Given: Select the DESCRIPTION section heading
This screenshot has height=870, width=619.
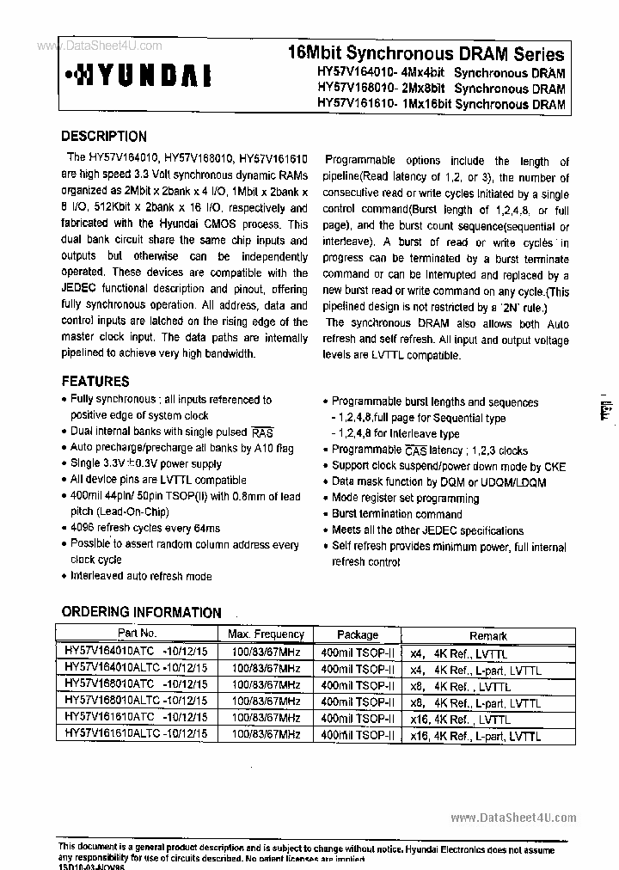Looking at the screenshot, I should coord(104,136).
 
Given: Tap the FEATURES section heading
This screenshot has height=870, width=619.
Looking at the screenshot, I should coord(95,381).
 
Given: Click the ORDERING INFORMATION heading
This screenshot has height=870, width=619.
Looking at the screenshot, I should coord(141,612).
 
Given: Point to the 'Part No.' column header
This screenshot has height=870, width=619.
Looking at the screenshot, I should coord(137,633).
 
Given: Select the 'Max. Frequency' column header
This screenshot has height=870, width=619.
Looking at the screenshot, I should coord(266,634).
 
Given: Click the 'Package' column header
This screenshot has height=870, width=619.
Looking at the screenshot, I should coord(358,634).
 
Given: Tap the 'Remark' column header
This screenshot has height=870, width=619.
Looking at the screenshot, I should coord(487,635).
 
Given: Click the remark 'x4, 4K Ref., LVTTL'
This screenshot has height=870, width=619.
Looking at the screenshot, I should coord(459,653).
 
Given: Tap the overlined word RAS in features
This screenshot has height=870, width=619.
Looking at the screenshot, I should coord(261,432).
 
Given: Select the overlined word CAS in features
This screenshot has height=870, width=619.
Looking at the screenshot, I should coord(415,450).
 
